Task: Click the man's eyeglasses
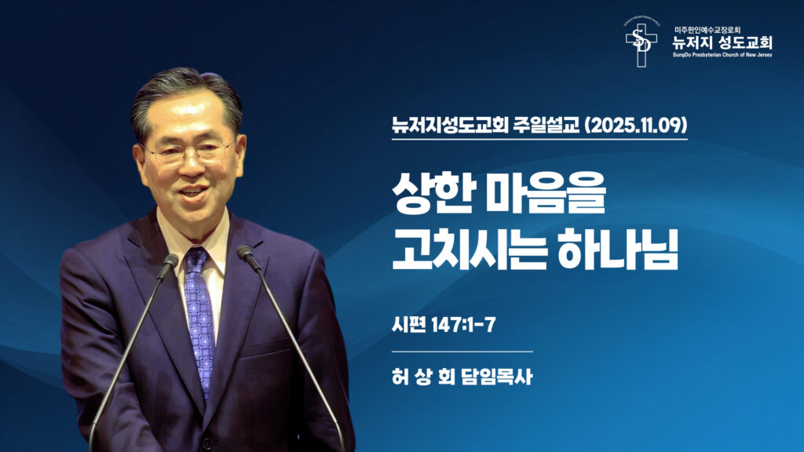tap(188, 151)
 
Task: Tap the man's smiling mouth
tap(192, 191)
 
